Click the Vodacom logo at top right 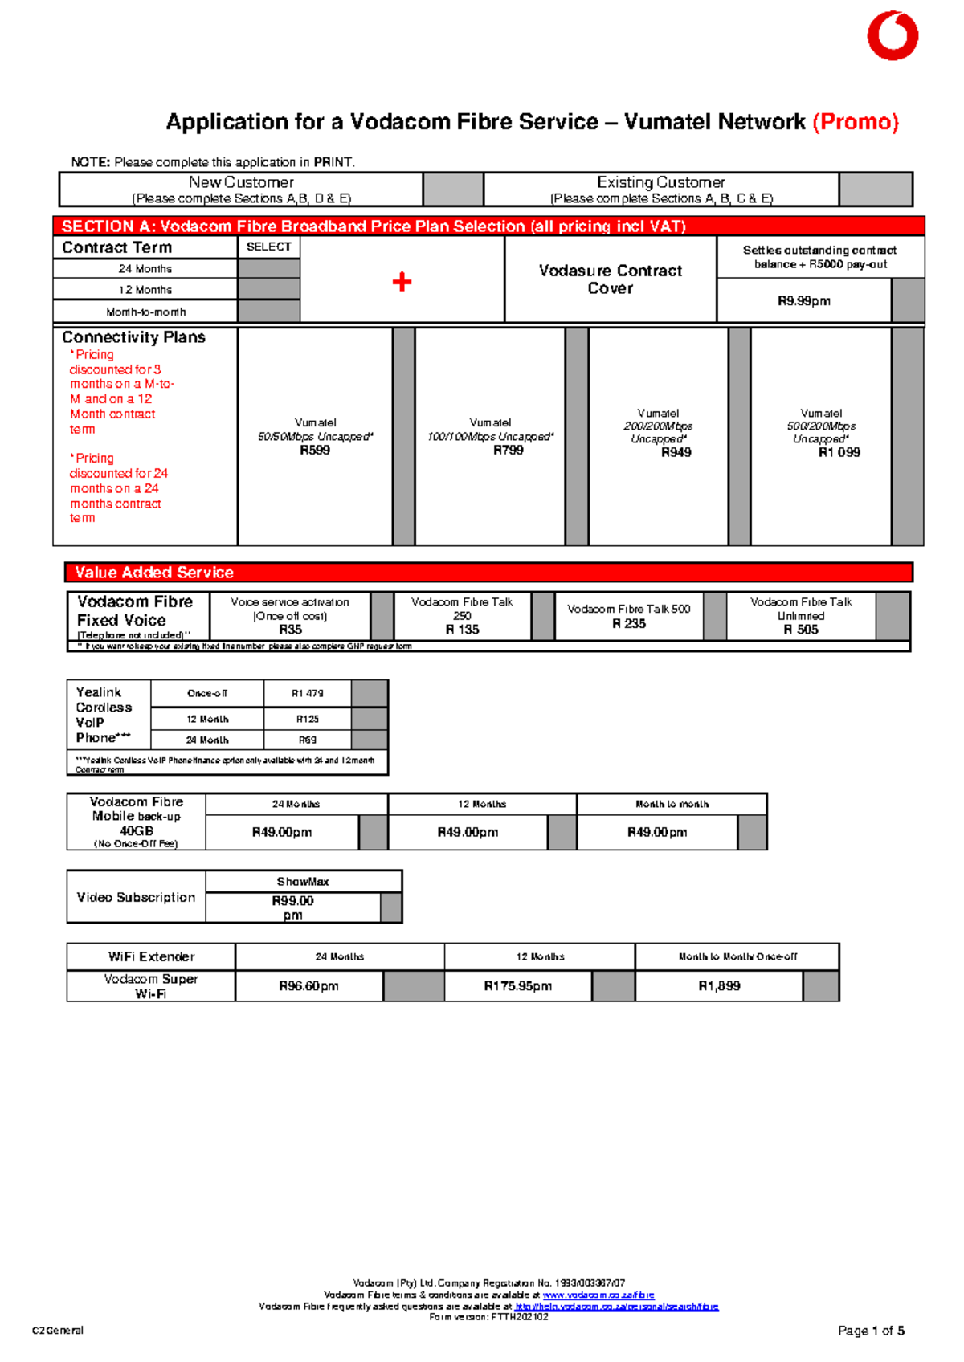[893, 36]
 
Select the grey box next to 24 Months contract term [269, 268]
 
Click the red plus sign [402, 282]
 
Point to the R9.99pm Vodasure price [804, 301]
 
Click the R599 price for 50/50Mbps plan [315, 451]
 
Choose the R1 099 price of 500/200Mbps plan [839, 453]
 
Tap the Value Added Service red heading [154, 573]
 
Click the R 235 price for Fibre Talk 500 [629, 623]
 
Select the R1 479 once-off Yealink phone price [308, 693]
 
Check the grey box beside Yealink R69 [370, 740]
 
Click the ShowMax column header [303, 882]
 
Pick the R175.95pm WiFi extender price [518, 986]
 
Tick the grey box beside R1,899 [821, 986]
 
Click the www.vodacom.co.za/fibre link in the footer [598, 1295]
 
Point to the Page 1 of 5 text [871, 1331]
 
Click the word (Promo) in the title [856, 122]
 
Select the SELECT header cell [269, 247]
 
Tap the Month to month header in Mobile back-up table [672, 804]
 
